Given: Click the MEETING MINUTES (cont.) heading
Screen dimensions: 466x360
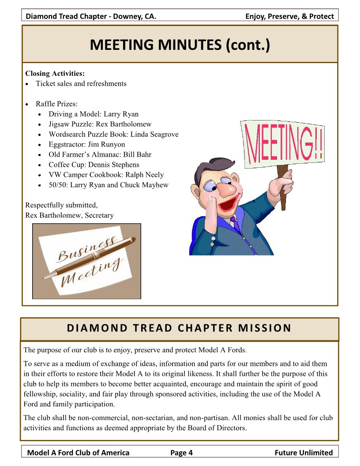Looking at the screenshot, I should tap(180, 45).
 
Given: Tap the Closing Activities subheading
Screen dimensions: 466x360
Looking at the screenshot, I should tap(55, 73).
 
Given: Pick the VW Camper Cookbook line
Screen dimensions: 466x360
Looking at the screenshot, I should tap(106, 175).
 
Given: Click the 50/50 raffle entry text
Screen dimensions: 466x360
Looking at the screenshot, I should tap(108, 185).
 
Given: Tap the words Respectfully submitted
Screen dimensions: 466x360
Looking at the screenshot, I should tap(61, 205).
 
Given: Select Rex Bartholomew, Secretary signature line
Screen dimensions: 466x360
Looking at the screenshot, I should tap(69, 215).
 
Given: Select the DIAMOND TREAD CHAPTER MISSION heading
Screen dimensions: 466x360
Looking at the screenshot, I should tap(179, 328).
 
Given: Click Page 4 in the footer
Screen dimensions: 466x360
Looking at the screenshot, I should tap(182, 452).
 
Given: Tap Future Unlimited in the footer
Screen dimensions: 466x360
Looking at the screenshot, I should tap(304, 452).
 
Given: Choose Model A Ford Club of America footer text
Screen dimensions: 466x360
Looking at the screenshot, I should tap(79, 452).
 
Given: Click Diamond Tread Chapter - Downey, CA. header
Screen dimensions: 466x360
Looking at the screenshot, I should tap(91, 17).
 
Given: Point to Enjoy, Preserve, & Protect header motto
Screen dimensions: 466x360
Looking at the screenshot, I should tap(289, 17).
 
